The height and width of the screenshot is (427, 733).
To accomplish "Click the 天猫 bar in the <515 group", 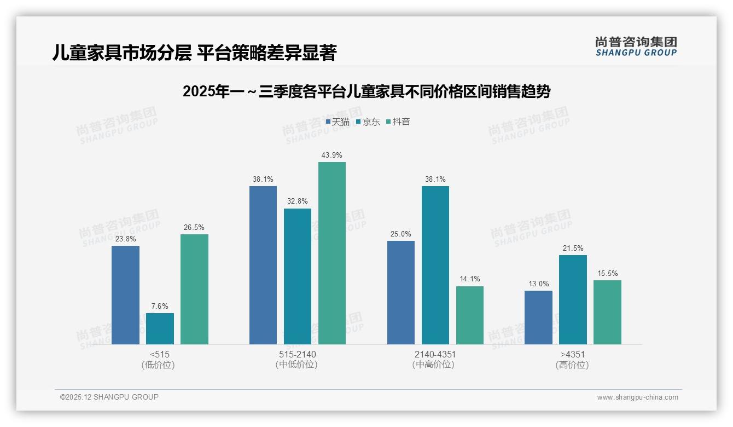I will click(125, 295).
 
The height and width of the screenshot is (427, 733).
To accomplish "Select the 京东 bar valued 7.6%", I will click(160, 328).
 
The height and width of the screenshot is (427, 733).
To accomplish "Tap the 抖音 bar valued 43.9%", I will click(332, 253).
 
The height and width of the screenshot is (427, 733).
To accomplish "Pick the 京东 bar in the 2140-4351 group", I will click(435, 265).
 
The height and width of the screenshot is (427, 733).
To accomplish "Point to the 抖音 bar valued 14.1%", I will click(469, 315).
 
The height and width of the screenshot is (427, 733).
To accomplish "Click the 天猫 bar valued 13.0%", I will click(538, 318).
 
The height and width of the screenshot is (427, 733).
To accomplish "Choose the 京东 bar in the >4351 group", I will click(573, 299).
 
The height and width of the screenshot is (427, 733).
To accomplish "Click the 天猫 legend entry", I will click(338, 122).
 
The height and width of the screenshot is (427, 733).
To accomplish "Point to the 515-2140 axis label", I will click(297, 354).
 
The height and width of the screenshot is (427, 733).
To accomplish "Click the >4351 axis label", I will click(573, 354).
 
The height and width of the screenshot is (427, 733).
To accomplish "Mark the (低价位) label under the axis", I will click(159, 365).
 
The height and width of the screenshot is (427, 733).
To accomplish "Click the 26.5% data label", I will click(194, 227).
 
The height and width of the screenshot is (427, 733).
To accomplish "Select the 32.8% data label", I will click(297, 201).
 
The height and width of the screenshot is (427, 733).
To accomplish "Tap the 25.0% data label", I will click(400, 234).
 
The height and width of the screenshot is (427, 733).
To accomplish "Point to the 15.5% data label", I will click(607, 273).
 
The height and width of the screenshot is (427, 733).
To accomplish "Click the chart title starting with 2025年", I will click(366, 92).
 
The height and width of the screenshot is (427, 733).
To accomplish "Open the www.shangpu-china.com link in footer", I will click(637, 397).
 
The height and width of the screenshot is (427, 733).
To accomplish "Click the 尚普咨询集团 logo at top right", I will click(636, 47).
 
